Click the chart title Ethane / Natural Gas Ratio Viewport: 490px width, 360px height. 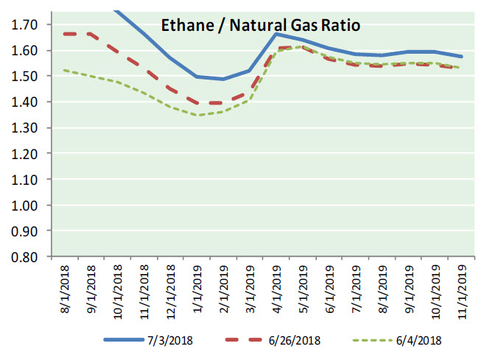(x=260, y=27)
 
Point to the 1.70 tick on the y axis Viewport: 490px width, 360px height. (x=24, y=25)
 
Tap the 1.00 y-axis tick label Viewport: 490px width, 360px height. (x=24, y=205)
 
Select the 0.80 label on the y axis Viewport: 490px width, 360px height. (x=24, y=257)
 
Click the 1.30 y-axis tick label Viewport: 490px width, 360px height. (x=24, y=128)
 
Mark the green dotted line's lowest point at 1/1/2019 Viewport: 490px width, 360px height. (x=197, y=116)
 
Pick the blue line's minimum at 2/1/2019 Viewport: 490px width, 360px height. (x=224, y=79)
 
